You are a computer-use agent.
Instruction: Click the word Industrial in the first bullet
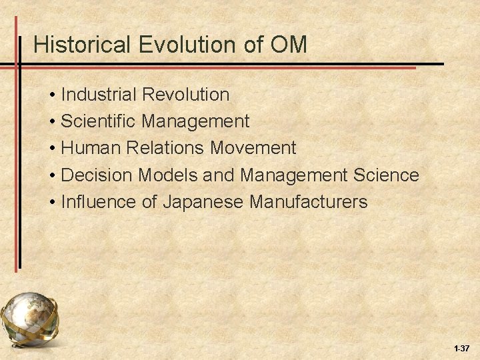pyautogui.click(x=99, y=95)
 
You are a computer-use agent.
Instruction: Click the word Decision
pyautogui.click(x=97, y=175)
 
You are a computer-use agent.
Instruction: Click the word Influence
pyautogui.click(x=97, y=201)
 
